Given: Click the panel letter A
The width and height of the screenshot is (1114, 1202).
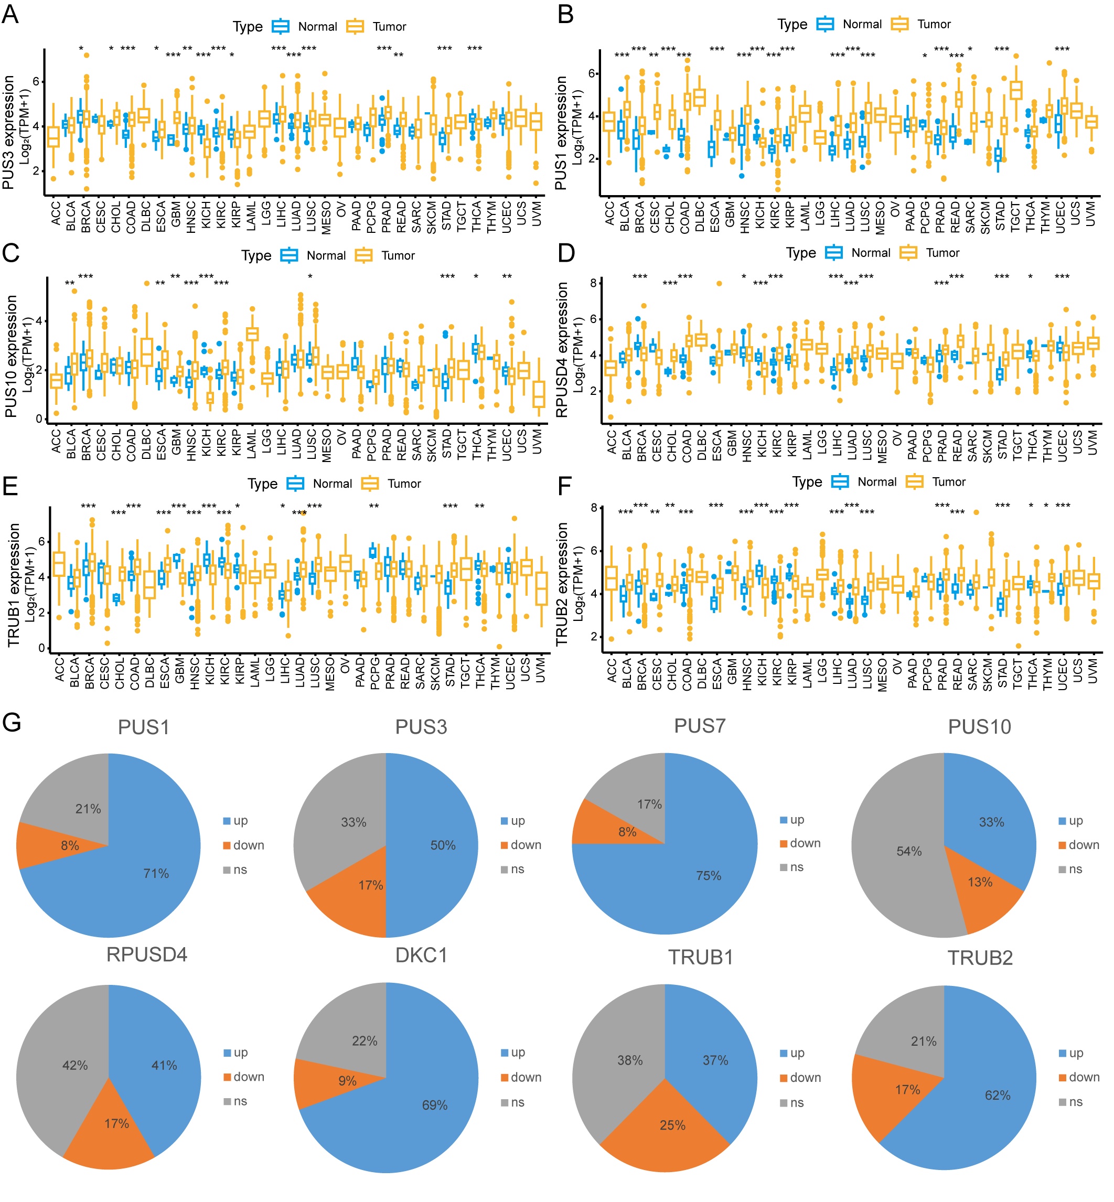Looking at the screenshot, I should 10,13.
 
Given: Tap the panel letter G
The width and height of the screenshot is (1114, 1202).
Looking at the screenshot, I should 12,722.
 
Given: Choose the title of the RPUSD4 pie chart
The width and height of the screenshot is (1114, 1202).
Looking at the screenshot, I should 146,954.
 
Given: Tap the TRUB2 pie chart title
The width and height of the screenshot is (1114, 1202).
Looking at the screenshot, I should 980,958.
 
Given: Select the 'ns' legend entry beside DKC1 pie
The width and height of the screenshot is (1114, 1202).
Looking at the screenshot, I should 517,1102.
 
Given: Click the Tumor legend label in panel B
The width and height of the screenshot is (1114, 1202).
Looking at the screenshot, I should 934,24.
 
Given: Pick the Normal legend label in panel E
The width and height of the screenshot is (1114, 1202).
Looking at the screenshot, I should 332,484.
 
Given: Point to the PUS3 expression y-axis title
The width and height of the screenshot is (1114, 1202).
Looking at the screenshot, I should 8,132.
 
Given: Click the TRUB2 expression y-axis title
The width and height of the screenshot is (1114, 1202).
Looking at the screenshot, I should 562,584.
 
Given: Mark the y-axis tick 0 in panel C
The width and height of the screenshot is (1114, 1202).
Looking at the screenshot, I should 39,419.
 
